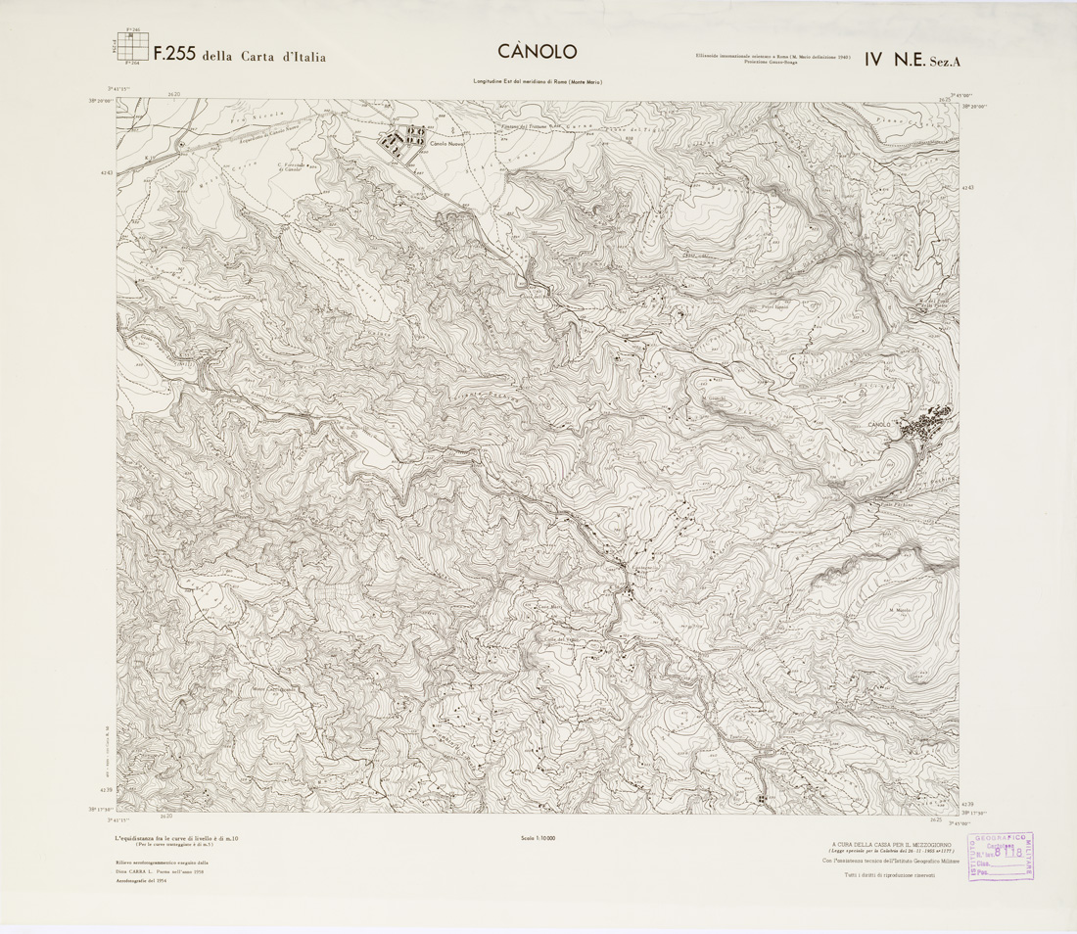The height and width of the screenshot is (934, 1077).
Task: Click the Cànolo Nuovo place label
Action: [446, 147]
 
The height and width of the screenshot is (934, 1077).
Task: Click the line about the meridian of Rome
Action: [538, 82]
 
